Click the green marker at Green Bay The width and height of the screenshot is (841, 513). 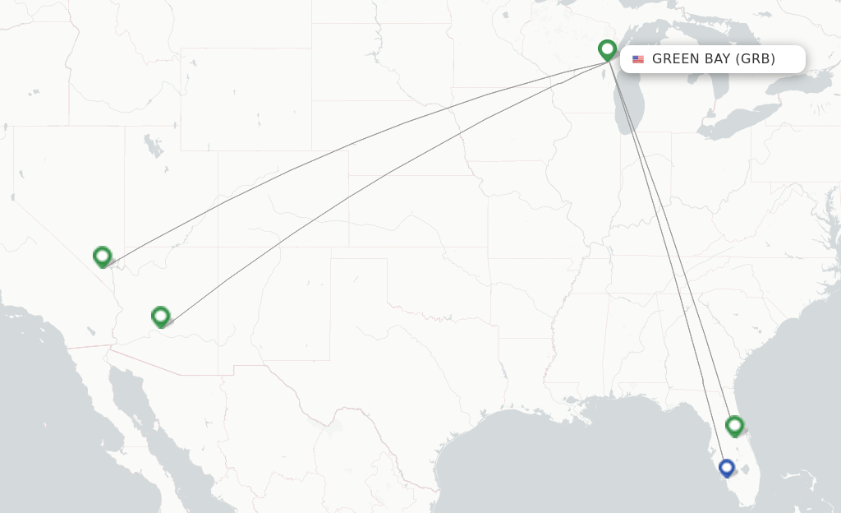point(607,50)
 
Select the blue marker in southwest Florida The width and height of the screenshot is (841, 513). point(726,468)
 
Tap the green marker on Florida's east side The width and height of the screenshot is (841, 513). point(734,425)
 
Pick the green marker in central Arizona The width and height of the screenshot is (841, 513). point(161,316)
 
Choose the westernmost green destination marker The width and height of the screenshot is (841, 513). point(102,256)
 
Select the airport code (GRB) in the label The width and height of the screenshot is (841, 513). point(756,59)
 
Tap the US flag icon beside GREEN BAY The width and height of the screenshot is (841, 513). point(638,59)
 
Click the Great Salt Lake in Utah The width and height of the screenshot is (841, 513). point(154,147)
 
